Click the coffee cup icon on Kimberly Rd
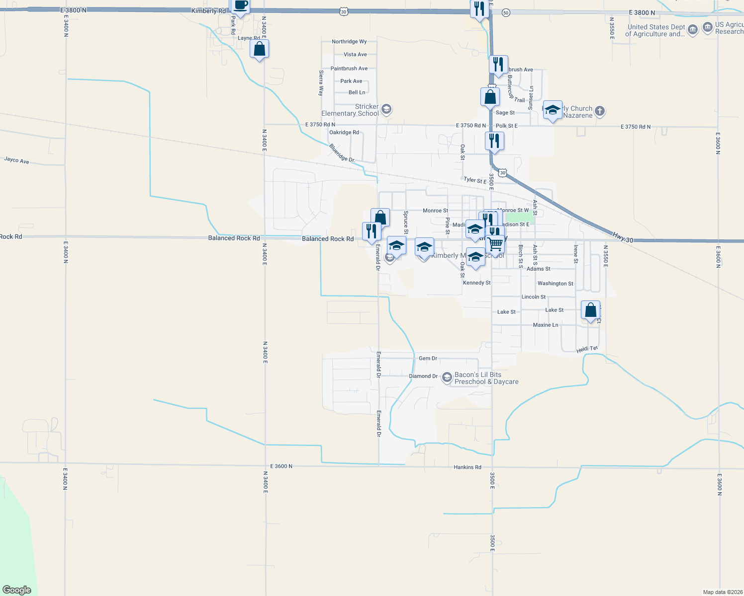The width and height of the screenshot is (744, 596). (240, 6)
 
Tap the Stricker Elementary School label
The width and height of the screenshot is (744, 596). (350, 110)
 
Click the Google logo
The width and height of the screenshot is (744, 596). (17, 590)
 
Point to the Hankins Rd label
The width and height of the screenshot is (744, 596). (467, 467)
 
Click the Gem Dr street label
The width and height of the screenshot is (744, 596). (428, 358)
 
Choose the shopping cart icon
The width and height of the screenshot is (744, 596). (495, 244)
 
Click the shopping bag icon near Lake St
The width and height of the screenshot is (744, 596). (590, 310)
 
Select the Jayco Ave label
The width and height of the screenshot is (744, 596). (16, 160)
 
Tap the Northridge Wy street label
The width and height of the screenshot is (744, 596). (349, 42)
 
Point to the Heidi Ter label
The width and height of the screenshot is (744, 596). (587, 349)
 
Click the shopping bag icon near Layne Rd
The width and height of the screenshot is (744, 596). (259, 49)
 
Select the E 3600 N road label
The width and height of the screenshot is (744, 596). (281, 466)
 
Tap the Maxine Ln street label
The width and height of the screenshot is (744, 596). (545, 325)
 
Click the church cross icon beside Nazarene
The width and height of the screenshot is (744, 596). (600, 111)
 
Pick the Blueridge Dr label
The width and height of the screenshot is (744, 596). (342, 153)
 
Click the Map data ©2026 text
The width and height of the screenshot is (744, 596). (722, 592)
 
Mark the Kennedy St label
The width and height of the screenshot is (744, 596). (476, 283)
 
